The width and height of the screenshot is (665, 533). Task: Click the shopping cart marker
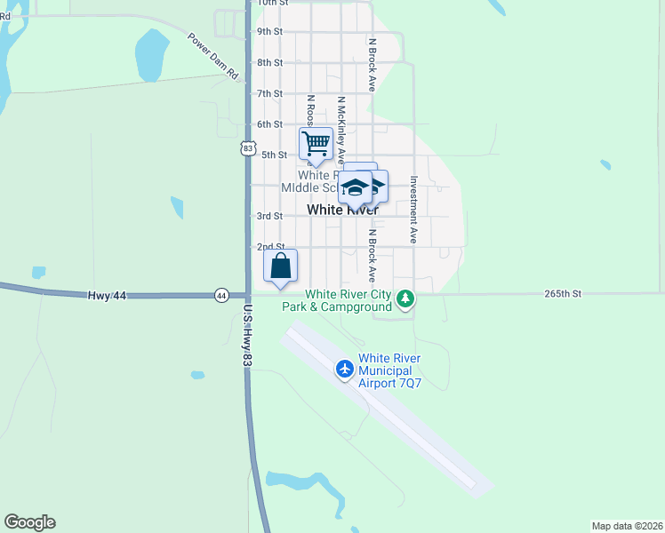click(x=316, y=144)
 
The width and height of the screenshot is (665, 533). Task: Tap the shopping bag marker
click(x=280, y=266)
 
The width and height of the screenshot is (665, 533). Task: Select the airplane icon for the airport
click(x=345, y=368)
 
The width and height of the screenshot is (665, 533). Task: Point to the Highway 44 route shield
click(x=221, y=295)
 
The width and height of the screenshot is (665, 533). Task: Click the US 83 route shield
click(x=247, y=148)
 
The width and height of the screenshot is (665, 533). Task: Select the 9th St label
click(x=269, y=32)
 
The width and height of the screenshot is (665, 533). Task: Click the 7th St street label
click(x=269, y=93)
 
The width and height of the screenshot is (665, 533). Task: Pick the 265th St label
click(x=563, y=293)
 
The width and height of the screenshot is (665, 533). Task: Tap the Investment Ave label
click(x=413, y=210)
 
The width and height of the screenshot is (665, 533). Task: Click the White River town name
click(x=342, y=211)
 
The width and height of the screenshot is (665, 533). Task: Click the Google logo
click(x=29, y=522)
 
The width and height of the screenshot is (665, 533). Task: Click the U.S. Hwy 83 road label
click(x=247, y=338)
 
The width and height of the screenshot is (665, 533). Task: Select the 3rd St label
click(x=269, y=216)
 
